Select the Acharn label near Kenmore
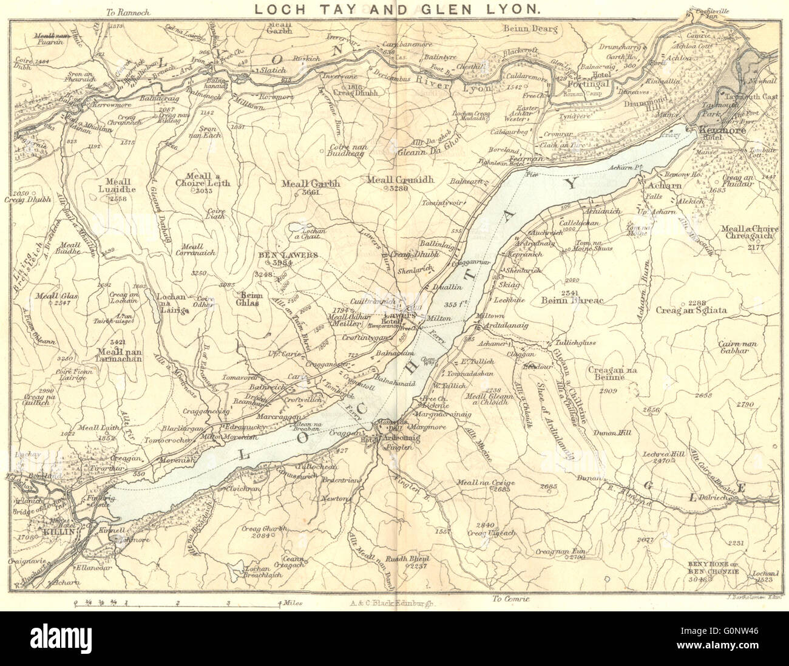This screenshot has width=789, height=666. click(666, 186)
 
